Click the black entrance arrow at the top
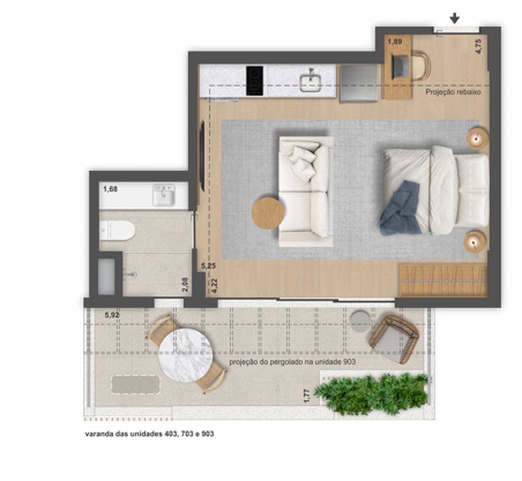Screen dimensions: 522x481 (455, 18)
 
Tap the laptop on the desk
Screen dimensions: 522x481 (400, 67)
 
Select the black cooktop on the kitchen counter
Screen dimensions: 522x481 (255, 81)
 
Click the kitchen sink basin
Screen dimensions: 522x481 (310, 81)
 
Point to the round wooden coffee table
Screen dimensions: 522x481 (268, 213)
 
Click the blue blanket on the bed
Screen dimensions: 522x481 (401, 210)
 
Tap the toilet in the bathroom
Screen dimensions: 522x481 (117, 230)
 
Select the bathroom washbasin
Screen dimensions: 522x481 (164, 195)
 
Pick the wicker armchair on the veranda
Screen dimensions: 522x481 (394, 339)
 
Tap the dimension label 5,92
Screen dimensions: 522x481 (112, 315)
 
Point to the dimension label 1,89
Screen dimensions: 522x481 (395, 42)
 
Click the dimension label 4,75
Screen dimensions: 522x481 (478, 46)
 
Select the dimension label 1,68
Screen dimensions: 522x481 (110, 189)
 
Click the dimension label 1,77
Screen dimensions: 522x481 (307, 396)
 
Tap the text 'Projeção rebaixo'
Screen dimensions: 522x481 (453, 92)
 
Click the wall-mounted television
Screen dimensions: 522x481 (201, 157)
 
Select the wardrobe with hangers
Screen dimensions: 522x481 (443, 280)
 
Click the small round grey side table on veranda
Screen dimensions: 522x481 (360, 321)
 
